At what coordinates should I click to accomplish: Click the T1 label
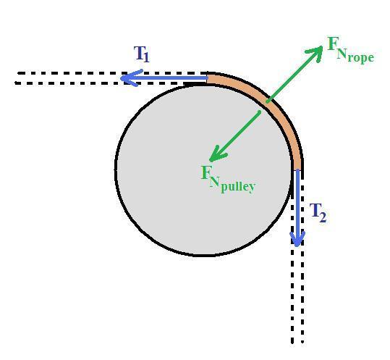point(141,54)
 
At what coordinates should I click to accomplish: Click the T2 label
point(318,213)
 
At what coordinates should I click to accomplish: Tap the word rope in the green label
point(360,57)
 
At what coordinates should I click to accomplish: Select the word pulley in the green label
point(238,186)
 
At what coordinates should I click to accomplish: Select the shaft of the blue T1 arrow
point(164,78)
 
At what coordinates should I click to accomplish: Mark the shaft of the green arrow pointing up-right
point(294,74)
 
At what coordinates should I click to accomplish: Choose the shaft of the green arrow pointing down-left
point(235,136)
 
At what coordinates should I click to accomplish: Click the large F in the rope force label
point(332,43)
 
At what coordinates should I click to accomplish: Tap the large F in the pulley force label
point(205,172)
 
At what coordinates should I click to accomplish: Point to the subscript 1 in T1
point(146,57)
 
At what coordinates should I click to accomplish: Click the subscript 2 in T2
point(323,217)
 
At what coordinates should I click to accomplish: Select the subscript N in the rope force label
point(342,54)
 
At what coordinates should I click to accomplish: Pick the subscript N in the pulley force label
point(215,182)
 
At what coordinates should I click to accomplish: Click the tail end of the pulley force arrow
point(260,112)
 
